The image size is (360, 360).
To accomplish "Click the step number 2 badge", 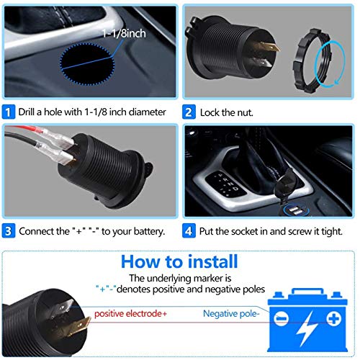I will pyautogui.click(x=189, y=112).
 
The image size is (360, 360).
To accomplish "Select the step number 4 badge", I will pyautogui.click(x=189, y=231).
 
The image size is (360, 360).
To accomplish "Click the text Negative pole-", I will pyautogui.click(x=232, y=314).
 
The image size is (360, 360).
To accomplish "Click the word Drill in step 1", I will pyautogui.click(x=31, y=112).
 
